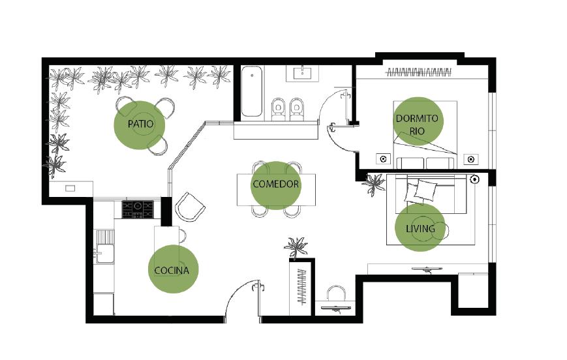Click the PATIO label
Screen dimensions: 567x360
[x=140, y=124]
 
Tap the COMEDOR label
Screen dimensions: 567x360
[x=275, y=184]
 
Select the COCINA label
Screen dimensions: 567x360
[x=172, y=271]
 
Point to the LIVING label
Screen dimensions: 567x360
[x=420, y=228]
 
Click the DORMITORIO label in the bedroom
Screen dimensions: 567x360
[x=417, y=125]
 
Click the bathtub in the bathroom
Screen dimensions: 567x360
[x=252, y=91]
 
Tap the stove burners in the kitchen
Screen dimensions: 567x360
[x=138, y=209]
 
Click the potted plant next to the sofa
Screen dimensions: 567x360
[x=374, y=184]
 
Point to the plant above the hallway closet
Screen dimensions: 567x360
[x=296, y=248]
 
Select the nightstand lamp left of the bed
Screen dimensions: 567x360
[x=383, y=158]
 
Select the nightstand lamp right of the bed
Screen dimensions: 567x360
[x=471, y=159]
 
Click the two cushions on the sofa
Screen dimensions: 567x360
[x=420, y=191]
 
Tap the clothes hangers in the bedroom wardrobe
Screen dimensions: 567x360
[x=418, y=72]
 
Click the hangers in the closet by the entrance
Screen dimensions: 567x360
[x=301, y=287]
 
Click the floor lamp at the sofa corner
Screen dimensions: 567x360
[x=475, y=179]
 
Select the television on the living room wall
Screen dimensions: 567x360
[x=427, y=269]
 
